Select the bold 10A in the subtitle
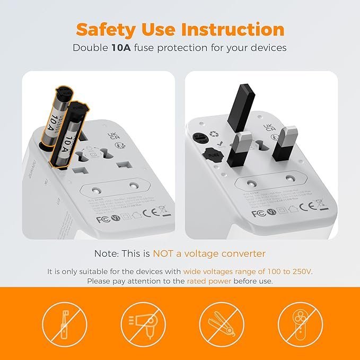(121, 48)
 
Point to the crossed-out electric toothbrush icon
(63, 322)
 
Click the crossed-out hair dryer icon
(140, 322)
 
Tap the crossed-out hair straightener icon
(219, 322)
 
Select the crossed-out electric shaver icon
(296, 322)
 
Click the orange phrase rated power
(209, 281)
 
